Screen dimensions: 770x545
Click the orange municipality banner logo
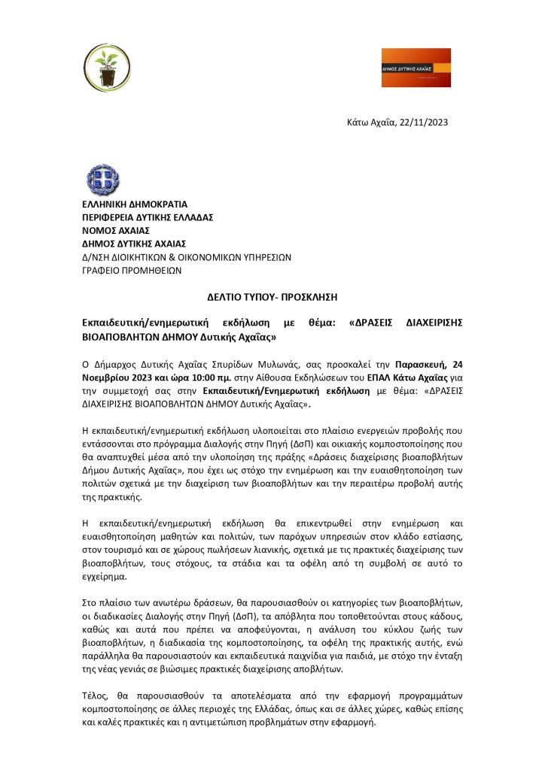point(416,68)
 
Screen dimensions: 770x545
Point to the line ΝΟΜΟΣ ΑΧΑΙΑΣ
point(116,230)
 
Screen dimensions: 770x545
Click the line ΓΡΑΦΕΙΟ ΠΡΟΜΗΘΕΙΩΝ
point(131,269)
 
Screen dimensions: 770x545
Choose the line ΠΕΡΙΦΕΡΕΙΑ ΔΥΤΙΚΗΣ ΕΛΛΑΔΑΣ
point(148,217)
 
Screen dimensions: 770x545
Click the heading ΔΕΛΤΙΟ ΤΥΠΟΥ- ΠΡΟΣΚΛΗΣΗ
point(272,297)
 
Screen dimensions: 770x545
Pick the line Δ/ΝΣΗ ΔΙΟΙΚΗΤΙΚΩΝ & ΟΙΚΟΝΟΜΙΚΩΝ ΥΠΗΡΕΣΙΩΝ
point(186,256)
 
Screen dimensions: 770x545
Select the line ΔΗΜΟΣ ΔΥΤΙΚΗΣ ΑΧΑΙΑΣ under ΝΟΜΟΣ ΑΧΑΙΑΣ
point(134,243)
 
